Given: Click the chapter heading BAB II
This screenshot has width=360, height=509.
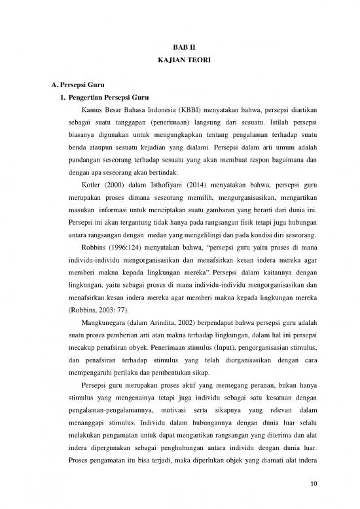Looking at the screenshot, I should (x=180, y=46).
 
